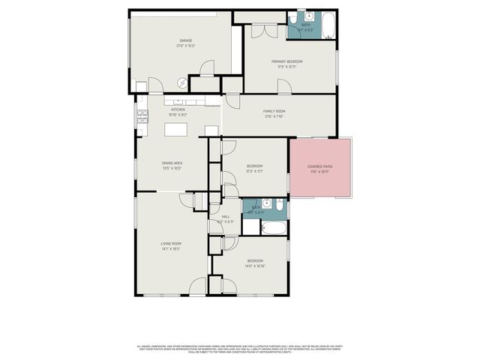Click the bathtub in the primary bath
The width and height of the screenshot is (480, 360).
[x=328, y=26]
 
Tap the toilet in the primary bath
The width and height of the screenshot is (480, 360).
[x=293, y=17]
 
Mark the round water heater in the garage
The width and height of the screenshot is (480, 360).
[x=182, y=82]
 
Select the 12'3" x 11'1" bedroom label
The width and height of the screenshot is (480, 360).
[x=255, y=169]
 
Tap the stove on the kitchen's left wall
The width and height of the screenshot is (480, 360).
[x=141, y=115]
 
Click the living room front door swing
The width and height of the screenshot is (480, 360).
[x=198, y=286]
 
